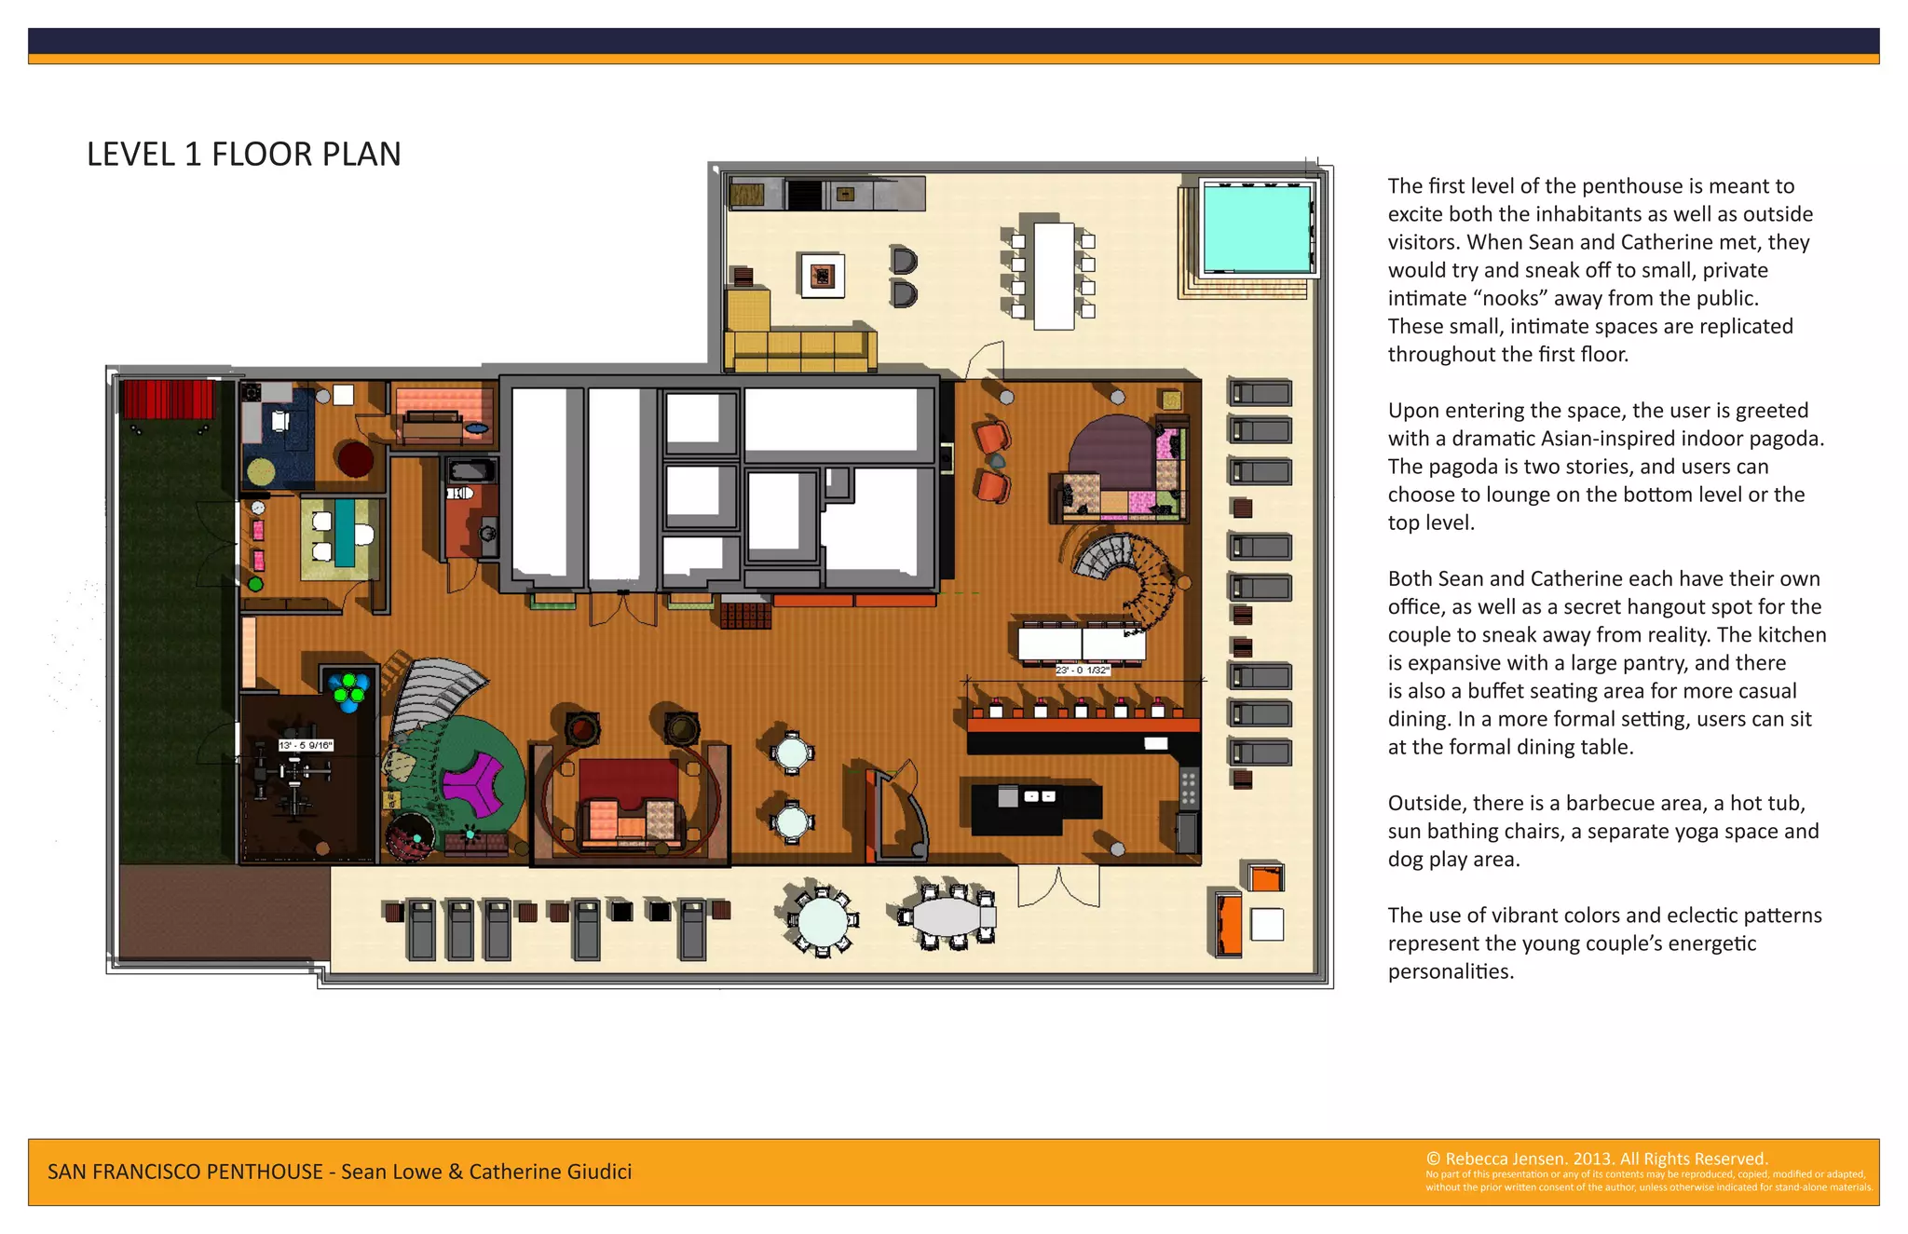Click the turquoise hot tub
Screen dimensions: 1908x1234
[1257, 229]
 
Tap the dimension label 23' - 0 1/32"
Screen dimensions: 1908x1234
[1082, 671]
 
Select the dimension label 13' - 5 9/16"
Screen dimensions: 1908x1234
[305, 745]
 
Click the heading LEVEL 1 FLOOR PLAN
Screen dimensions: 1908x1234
[244, 154]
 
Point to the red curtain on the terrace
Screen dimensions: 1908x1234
[169, 400]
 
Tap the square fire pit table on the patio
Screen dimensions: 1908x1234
[822, 276]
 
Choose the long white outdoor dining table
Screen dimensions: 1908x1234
[1054, 275]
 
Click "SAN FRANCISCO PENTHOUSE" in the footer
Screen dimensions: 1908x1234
[185, 1172]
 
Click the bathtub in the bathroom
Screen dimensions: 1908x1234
[471, 468]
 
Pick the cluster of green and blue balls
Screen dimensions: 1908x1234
[349, 689]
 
